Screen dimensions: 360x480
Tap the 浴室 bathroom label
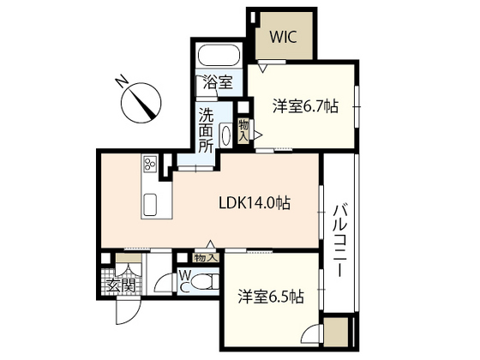[217, 83]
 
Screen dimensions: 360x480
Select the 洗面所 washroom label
[207, 128]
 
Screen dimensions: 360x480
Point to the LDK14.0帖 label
[254, 204]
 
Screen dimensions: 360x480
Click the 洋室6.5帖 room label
[270, 297]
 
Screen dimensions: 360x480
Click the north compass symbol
[142, 103]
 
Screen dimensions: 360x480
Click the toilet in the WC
[206, 280]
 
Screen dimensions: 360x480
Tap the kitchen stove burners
[150, 165]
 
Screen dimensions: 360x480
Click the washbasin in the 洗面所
[226, 135]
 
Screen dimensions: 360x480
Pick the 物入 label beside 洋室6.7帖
[244, 129]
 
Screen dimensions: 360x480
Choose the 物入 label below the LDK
[205, 257]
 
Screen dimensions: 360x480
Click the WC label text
[183, 280]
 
